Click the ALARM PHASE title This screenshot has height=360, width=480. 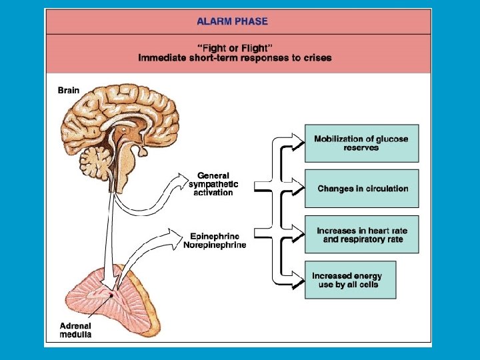(232, 21)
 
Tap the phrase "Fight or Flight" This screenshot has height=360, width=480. (234, 47)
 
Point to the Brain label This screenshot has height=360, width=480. (69, 91)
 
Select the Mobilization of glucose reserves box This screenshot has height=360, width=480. (361, 143)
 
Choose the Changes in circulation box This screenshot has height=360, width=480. (361, 189)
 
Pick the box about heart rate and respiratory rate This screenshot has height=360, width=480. (361, 235)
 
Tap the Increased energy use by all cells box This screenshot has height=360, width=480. (350, 280)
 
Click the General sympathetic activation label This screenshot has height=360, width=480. (213, 184)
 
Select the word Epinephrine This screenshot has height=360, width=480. (214, 236)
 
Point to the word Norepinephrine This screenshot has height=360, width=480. (215, 245)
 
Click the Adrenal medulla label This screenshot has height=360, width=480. (75, 330)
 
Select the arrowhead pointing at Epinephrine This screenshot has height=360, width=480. (176, 235)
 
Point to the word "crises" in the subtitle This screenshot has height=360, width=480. (317, 57)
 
